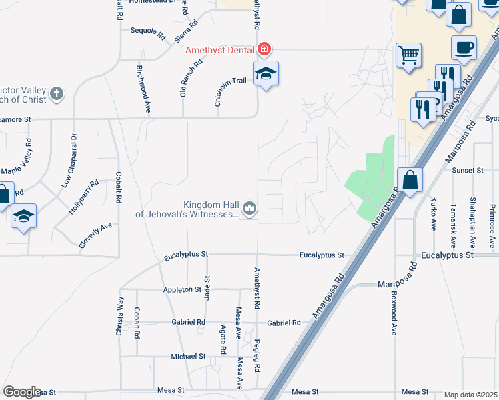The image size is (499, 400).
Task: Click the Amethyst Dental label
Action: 219,50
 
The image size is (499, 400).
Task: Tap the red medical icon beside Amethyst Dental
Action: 264,49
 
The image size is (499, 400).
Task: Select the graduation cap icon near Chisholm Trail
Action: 266,73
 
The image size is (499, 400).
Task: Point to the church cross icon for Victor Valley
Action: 57,93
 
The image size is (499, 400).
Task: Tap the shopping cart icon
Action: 408,55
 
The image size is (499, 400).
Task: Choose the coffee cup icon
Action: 464,47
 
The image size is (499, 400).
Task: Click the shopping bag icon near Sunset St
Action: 409,179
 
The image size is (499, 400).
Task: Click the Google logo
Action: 22,392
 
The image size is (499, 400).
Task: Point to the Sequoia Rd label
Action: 148,31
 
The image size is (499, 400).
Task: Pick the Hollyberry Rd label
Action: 83,196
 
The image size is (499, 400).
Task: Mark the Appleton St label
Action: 182,290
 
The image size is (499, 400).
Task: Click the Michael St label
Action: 187,357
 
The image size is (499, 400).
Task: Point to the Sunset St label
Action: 467,171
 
